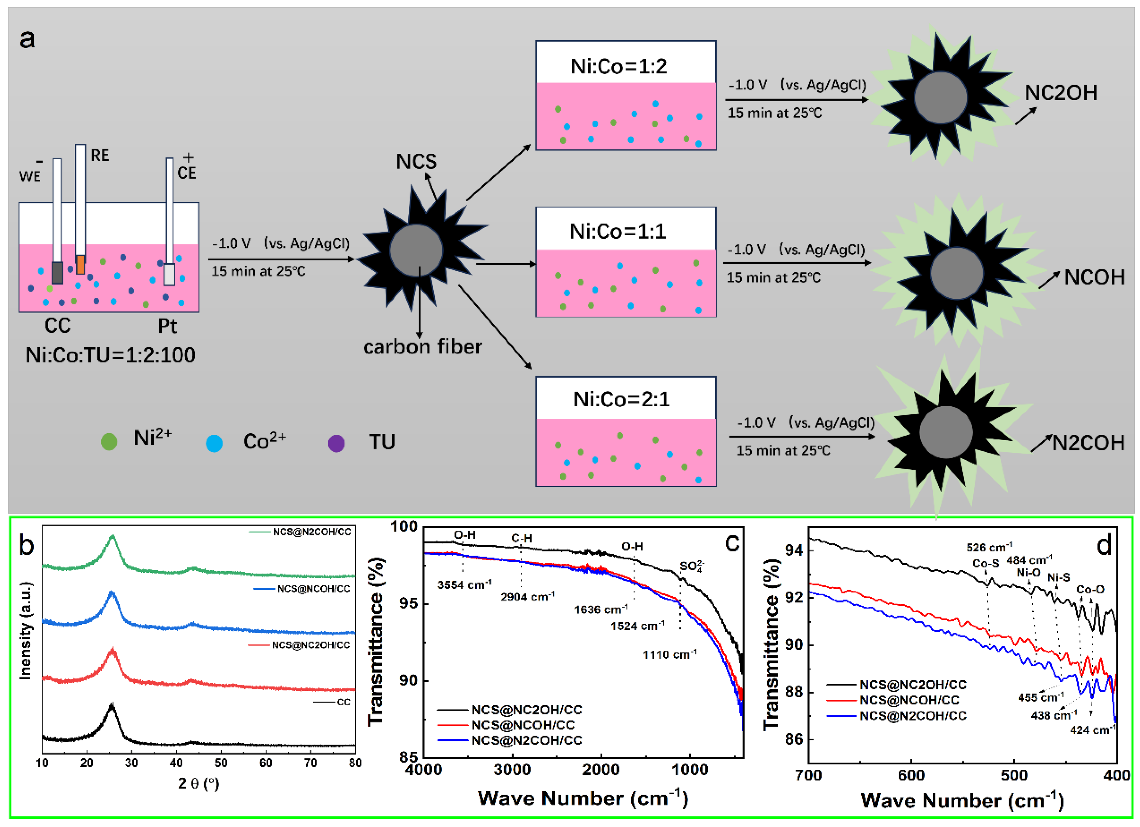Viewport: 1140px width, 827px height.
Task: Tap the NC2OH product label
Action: pos(1060,93)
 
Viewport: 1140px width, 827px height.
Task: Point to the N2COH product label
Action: pos(1088,443)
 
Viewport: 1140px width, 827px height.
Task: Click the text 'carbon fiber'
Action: pos(423,347)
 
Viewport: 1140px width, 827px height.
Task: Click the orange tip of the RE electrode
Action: pos(81,264)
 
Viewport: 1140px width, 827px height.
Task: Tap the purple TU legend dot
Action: pos(336,443)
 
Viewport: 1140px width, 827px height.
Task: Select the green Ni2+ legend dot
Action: pos(109,441)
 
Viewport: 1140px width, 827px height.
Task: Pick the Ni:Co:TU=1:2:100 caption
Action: pos(110,355)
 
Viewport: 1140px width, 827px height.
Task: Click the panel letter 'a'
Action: pos(27,39)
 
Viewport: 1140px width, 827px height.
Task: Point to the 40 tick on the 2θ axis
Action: pos(176,763)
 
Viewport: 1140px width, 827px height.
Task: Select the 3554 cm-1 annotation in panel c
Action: pos(464,585)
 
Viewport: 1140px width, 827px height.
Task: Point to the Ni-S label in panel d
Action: pos(1058,578)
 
